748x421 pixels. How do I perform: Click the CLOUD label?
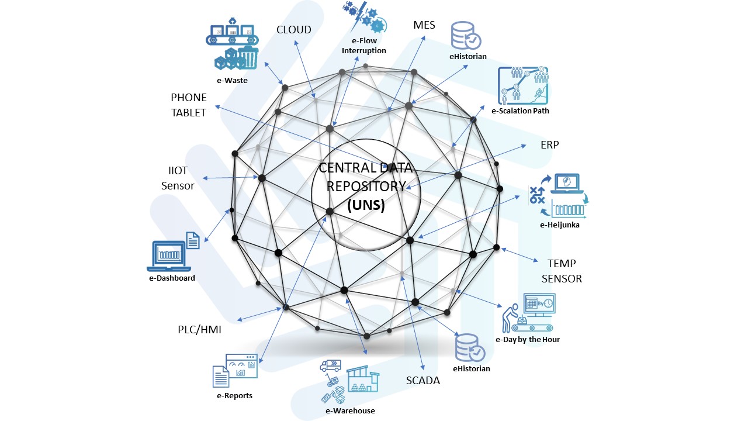tap(294, 30)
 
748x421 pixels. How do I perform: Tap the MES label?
tap(424, 25)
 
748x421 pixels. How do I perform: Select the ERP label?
tap(550, 144)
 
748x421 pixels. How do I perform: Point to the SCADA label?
tap(423, 380)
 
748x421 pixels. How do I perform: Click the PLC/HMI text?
tap(199, 330)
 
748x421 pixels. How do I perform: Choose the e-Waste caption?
tap(232, 80)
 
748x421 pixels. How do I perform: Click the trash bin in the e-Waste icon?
tap(248, 57)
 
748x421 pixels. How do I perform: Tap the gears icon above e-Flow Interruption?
tap(364, 17)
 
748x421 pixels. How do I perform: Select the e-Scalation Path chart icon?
tap(523, 85)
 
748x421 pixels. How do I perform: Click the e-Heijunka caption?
tap(560, 225)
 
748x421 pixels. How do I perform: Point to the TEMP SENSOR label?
tap(562, 271)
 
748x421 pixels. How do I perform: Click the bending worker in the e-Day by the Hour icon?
tap(510, 318)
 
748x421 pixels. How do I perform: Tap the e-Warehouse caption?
tap(350, 410)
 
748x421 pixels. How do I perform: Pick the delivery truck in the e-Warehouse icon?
tap(331, 366)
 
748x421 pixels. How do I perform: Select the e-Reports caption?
tap(234, 396)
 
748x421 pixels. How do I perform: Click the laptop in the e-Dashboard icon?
tap(169, 256)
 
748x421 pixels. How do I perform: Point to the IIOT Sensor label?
tap(178, 178)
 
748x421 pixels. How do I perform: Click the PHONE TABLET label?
tap(189, 105)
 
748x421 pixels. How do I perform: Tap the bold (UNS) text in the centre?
tap(366, 205)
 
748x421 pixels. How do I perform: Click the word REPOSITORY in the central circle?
tap(366, 187)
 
